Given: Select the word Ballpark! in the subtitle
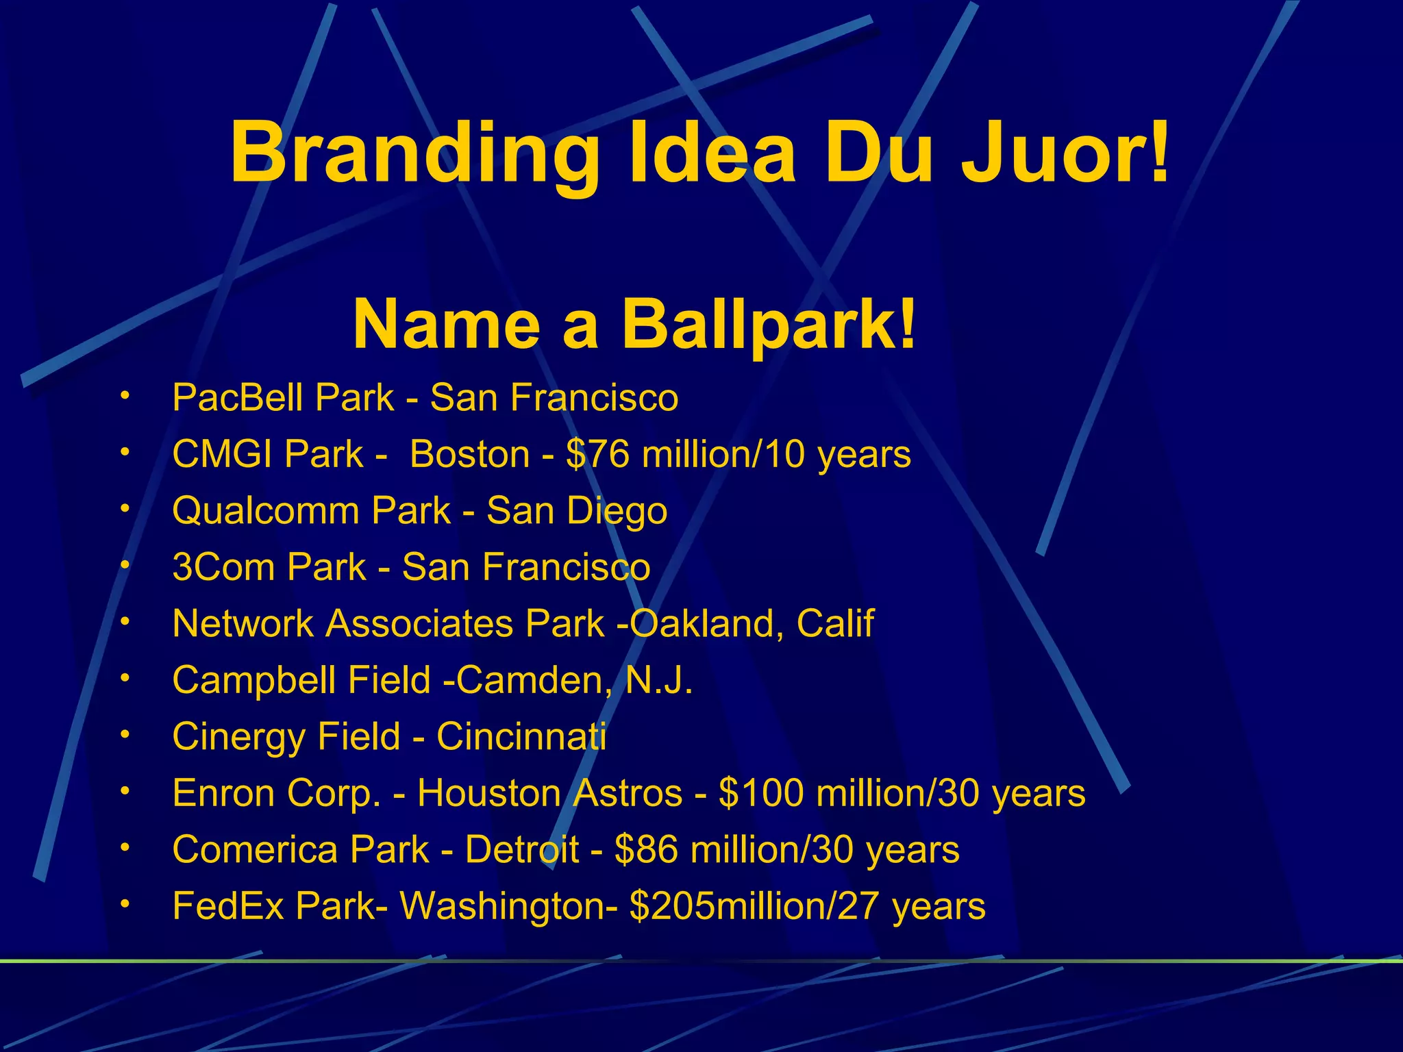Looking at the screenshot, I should coord(767,325).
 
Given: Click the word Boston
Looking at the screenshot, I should coord(469,454).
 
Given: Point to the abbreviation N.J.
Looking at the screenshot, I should coord(659,680).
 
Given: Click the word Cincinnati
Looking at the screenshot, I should coord(521,737).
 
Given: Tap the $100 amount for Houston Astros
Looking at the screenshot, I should coord(761,793).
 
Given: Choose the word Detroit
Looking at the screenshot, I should coord(522,850).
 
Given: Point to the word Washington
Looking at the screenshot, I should coord(507,906).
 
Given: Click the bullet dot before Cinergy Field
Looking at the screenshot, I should coord(124,734).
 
